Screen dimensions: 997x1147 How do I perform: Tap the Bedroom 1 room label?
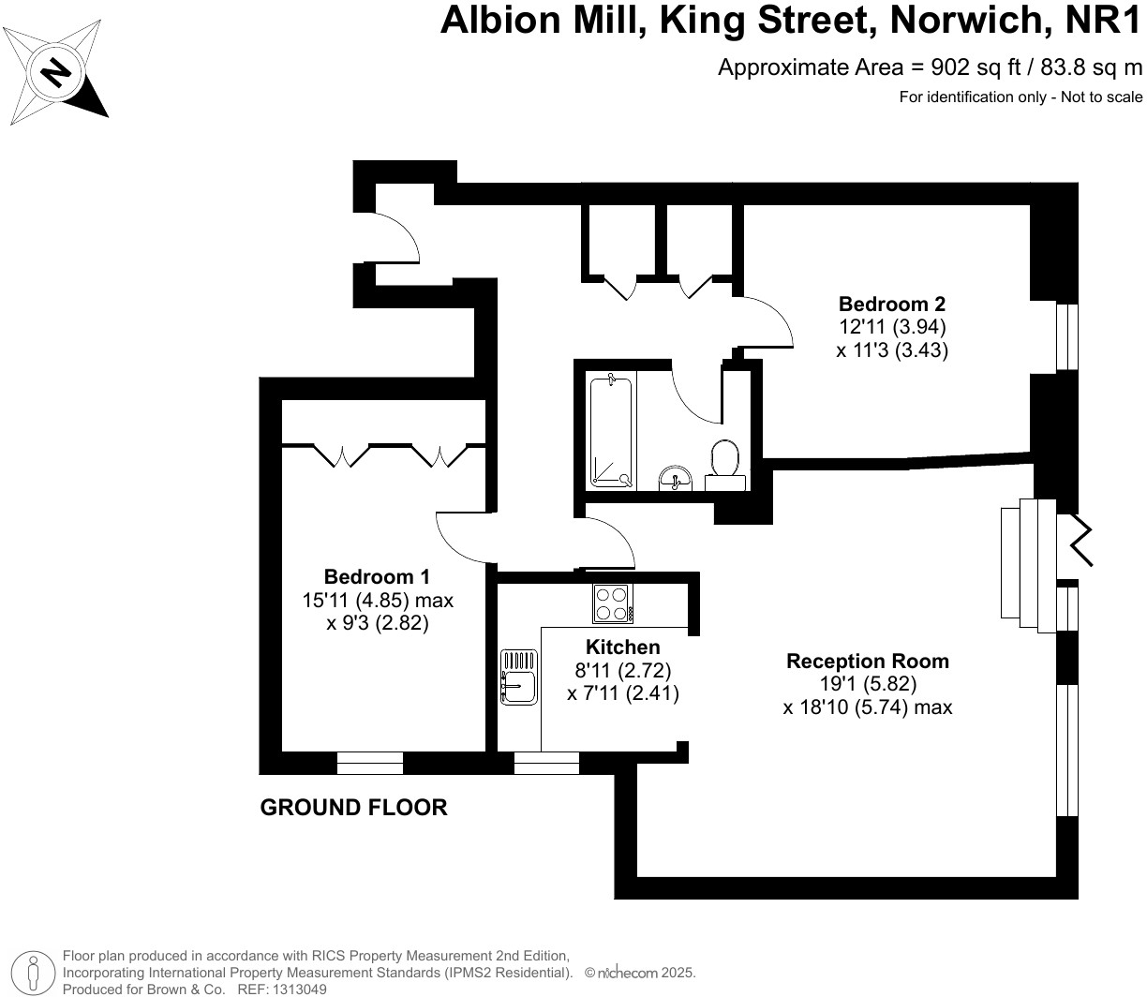[377, 576]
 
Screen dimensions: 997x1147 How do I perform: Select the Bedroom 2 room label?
[891, 304]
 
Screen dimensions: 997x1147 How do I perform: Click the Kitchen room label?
[622, 647]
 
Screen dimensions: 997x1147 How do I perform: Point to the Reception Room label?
[867, 661]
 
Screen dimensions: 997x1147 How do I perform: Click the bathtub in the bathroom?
[613, 430]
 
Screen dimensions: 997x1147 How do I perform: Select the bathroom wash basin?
[674, 478]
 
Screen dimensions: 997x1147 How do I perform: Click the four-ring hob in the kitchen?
[612, 603]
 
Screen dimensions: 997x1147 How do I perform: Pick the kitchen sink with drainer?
[517, 678]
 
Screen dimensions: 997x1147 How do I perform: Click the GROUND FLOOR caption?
[353, 807]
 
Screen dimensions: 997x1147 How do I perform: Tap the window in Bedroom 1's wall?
[369, 763]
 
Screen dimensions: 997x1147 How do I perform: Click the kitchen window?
[546, 763]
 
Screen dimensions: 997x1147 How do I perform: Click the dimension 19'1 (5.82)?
[867, 684]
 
